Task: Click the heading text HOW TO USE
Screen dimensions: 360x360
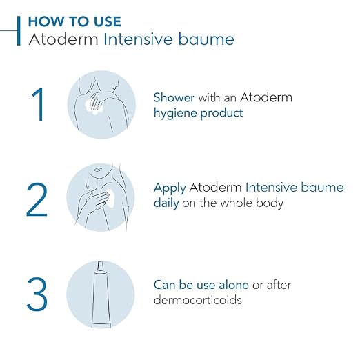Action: (74, 21)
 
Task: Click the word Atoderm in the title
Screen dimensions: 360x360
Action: (63, 39)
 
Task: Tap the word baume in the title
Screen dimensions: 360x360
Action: (206, 39)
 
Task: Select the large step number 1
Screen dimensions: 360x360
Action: (39, 105)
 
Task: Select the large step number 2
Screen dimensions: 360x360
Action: (37, 199)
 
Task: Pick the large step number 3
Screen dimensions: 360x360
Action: (37, 294)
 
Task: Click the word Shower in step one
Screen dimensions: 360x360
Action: (174, 97)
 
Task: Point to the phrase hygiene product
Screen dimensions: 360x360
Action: (198, 113)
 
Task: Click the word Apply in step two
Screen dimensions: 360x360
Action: (170, 188)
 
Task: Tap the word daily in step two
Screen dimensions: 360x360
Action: (166, 203)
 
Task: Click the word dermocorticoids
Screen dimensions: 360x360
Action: (198, 300)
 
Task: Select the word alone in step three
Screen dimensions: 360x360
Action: (234, 285)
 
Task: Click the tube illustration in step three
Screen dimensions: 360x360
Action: (101, 294)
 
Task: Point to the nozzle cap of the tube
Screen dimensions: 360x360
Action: (100, 266)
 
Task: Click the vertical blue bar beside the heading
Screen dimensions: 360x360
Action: (19, 31)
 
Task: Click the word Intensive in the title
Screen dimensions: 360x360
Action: (138, 39)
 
